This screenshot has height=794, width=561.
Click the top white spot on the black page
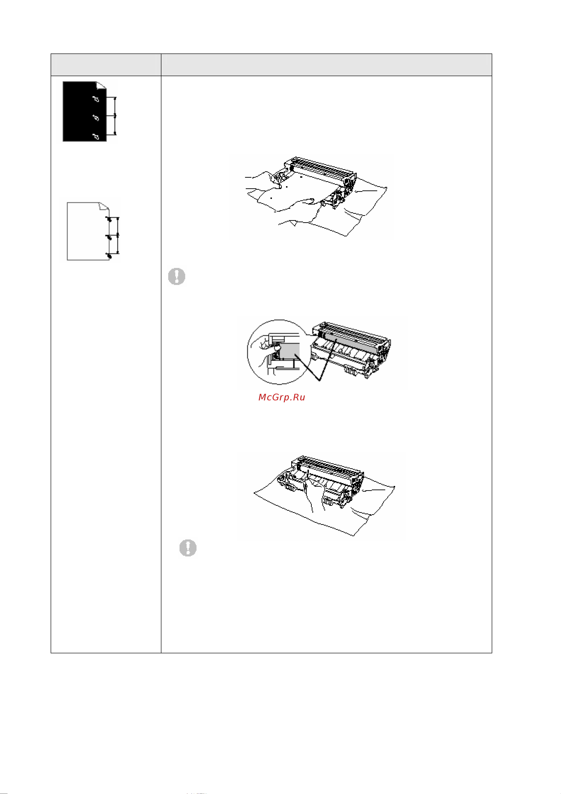coord(96,99)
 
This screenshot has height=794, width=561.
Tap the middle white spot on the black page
coord(96,118)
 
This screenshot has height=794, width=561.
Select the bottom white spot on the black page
coord(96,137)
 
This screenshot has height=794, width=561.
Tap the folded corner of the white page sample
coord(104,206)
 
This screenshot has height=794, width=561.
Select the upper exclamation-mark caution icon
coord(177,276)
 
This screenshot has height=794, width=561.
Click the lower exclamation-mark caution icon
coord(188,548)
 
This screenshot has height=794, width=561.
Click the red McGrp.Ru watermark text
coord(282,397)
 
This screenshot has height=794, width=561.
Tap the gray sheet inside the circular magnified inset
coord(289,351)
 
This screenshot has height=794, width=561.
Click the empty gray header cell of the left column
coord(106,65)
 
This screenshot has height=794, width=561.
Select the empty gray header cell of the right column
coord(326,65)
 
